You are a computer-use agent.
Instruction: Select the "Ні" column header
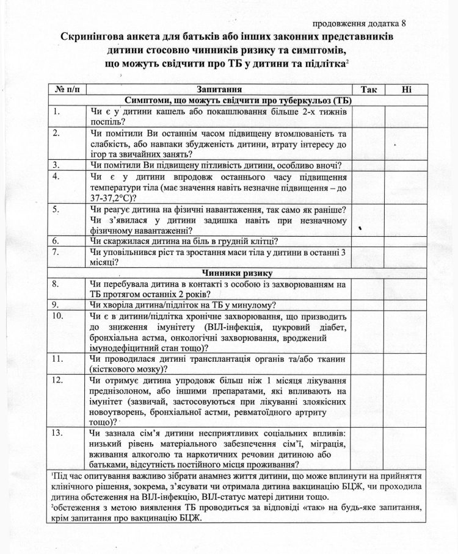406,90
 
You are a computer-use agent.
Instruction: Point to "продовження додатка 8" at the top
359,23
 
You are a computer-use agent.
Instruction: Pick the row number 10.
58,316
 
